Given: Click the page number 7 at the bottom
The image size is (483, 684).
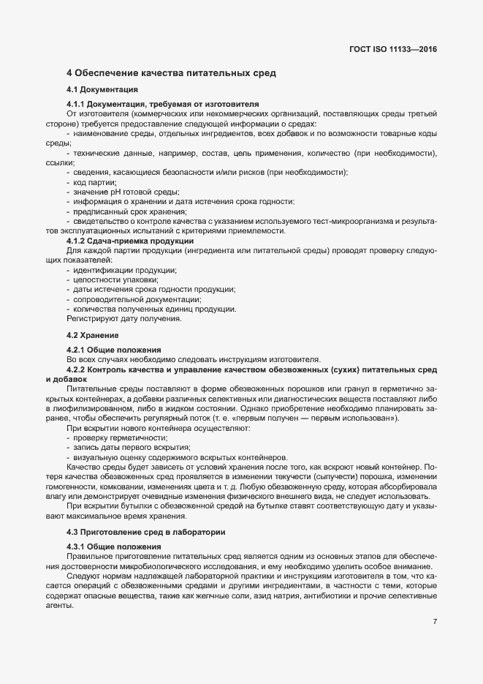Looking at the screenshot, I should coord(435,622).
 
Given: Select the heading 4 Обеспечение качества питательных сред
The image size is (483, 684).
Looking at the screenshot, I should coord(171,74).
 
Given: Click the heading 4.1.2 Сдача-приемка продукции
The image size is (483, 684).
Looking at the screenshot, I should coord(129,241).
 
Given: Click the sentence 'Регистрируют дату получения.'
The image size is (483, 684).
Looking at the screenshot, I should coord(124,319).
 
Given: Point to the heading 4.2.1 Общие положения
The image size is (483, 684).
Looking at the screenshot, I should coord(113,350).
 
